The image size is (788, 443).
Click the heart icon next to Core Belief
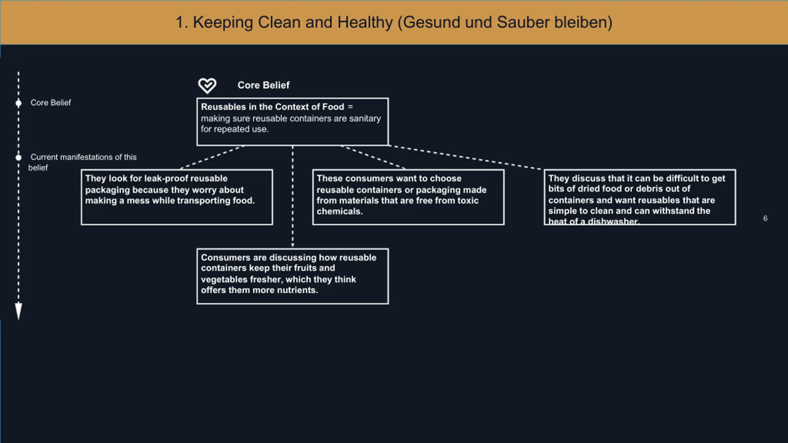tap(207, 86)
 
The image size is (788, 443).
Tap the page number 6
tap(765, 218)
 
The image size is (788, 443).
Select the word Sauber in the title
tap(523, 22)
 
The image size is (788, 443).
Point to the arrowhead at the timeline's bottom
tap(18, 311)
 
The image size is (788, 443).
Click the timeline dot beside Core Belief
tap(18, 103)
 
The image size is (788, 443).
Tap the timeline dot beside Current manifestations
tap(18, 158)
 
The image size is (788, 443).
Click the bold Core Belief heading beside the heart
tap(263, 85)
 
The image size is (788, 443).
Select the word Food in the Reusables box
tap(333, 107)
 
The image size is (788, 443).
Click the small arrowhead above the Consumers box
tap(292, 245)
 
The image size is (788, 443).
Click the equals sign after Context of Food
tap(350, 107)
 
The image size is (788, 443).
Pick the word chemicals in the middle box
tap(340, 211)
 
